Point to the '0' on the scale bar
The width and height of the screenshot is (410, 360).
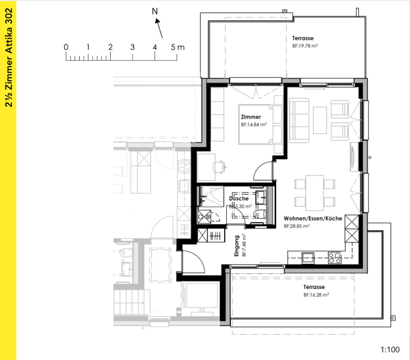pos(66,46)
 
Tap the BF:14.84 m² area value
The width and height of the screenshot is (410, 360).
pos(253,126)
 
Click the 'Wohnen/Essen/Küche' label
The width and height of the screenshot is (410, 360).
pos(312,219)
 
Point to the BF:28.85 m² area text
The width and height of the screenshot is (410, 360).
pos(299,226)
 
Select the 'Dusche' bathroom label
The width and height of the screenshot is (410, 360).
pos(238,199)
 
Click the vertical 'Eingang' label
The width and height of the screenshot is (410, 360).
pos(236,245)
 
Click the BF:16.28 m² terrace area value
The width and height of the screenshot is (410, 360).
pos(316,295)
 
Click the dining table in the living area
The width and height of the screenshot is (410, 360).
pos(315,192)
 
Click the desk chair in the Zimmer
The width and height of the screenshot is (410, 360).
pos(219,165)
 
